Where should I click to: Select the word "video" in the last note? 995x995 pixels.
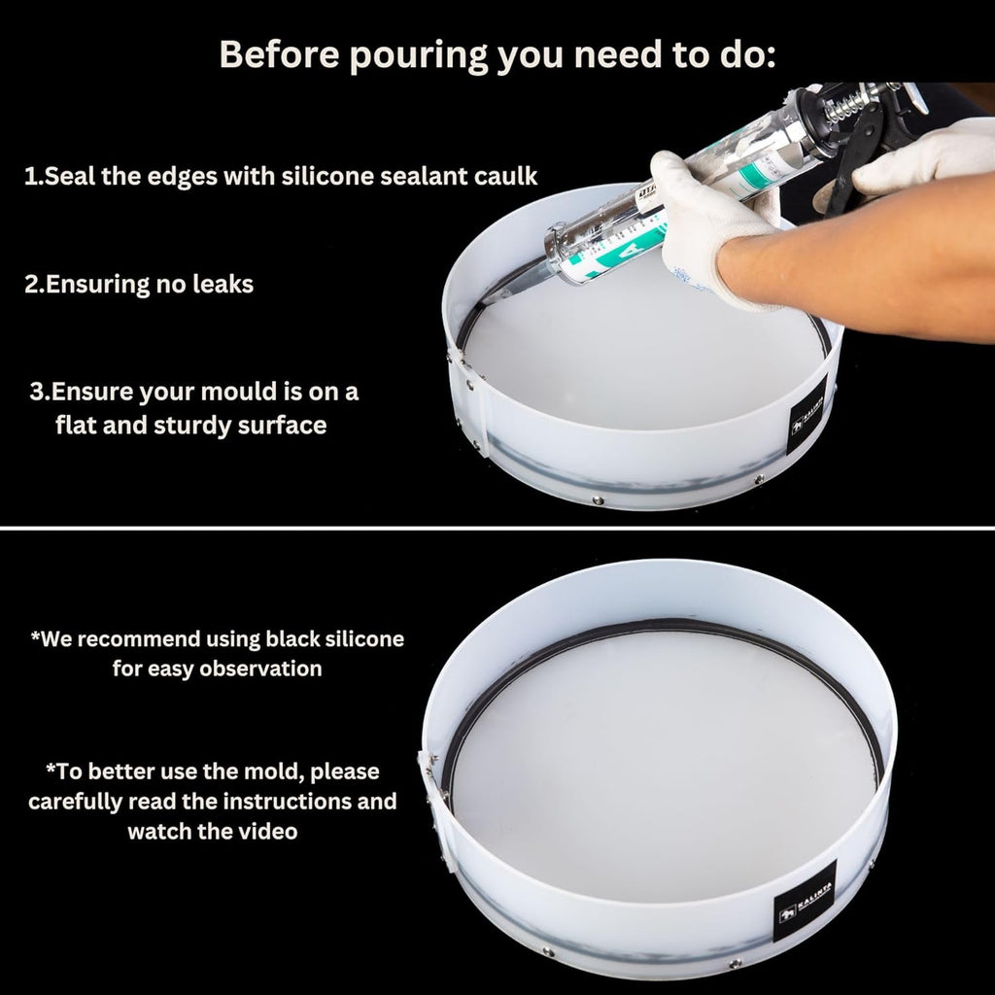(x=266, y=832)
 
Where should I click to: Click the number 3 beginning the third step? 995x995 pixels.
(x=37, y=393)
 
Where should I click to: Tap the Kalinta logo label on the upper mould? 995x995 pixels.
(x=807, y=416)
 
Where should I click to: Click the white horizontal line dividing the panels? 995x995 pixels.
(x=497, y=528)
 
